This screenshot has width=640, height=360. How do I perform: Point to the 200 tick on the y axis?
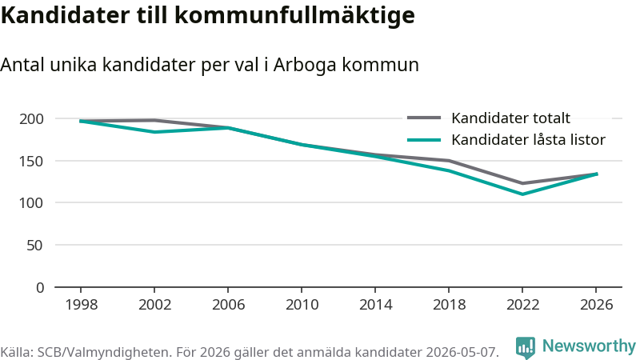(x=31, y=118)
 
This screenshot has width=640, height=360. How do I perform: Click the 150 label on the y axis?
(x=31, y=162)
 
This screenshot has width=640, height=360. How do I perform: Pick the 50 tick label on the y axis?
(x=34, y=246)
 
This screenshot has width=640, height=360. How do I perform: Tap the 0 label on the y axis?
(x=39, y=288)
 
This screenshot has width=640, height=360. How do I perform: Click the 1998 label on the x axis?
(x=82, y=305)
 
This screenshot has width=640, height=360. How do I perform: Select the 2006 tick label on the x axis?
(x=228, y=305)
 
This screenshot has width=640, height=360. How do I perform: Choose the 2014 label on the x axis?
(x=375, y=305)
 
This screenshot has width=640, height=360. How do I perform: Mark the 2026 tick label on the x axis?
(x=596, y=305)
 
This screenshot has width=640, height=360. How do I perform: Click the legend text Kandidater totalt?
(x=510, y=118)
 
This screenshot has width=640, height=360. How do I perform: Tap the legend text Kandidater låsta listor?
(x=528, y=139)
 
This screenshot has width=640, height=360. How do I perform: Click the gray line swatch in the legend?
(x=424, y=118)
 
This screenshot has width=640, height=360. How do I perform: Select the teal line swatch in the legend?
(x=424, y=140)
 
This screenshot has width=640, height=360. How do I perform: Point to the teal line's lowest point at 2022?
(x=522, y=194)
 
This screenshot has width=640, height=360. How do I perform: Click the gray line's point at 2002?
(x=154, y=120)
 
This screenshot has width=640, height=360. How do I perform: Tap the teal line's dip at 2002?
(x=154, y=132)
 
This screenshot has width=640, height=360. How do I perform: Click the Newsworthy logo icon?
(x=526, y=348)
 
